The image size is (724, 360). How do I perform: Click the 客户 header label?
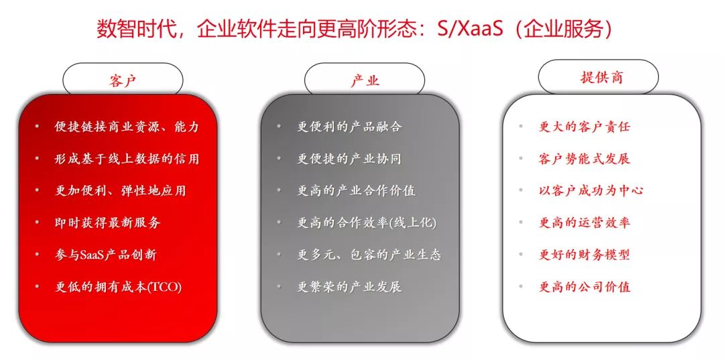123,80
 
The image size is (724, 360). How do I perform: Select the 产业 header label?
365,80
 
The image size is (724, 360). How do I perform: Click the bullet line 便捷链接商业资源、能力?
127,127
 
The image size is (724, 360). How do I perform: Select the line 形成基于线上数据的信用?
127,159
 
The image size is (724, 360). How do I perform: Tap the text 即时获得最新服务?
107,223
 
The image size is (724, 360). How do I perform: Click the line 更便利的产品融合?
349,127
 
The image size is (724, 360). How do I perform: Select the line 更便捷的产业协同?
349,159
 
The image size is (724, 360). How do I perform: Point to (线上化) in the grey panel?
414,223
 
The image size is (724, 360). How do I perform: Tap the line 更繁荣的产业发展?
349,287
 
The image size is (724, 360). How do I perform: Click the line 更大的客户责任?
585,127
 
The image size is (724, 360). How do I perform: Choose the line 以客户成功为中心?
591,190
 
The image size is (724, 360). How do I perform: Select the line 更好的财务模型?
585,255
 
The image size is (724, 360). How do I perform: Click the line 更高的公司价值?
585,287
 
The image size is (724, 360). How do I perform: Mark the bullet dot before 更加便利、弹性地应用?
37,190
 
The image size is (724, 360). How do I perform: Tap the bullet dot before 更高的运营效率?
521,222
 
